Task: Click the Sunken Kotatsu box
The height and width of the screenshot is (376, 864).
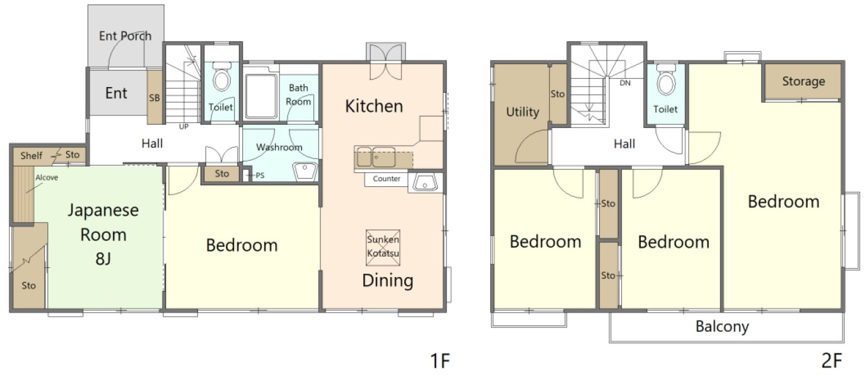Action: tap(383, 248)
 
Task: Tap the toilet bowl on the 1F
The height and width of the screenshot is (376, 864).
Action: tap(222, 77)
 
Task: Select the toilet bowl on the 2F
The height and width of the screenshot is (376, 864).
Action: tap(666, 80)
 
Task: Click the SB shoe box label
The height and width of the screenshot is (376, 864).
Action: tap(155, 98)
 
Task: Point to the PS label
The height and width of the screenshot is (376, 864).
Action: tap(260, 175)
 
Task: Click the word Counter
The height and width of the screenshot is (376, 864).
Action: tap(387, 179)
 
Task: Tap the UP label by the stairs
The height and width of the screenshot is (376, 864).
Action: tap(184, 127)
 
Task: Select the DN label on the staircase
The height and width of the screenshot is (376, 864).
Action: tap(625, 83)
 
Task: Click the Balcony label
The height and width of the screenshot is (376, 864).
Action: tap(722, 327)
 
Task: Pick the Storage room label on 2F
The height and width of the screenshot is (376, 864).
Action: tap(803, 81)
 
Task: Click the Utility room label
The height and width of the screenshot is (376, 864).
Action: tap(523, 112)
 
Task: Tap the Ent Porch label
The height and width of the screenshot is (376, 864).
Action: tap(125, 36)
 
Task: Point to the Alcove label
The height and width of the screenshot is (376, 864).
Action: tap(47, 177)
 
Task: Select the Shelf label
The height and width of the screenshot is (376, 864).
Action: tap(32, 156)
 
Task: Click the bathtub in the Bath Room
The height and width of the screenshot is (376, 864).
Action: tap(261, 96)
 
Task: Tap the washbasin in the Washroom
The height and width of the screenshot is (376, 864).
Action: tap(305, 172)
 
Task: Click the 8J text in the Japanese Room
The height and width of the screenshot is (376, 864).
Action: tap(103, 259)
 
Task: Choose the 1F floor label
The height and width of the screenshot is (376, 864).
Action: tap(440, 361)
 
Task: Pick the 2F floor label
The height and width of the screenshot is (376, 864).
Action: tap(831, 361)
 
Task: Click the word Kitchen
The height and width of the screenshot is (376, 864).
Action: tap(374, 106)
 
